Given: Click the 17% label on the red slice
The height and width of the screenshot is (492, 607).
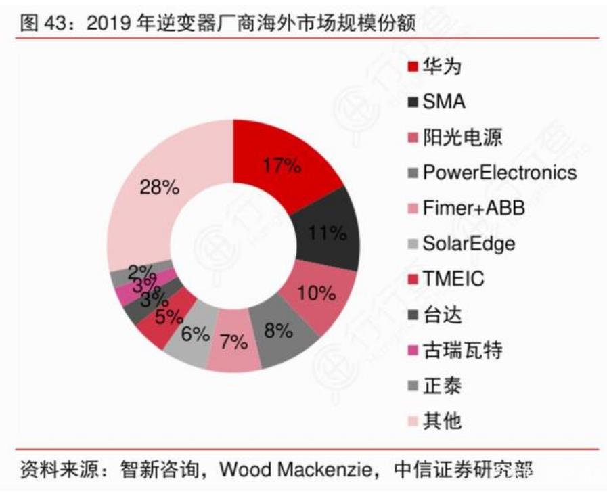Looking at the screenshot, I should pos(282,166).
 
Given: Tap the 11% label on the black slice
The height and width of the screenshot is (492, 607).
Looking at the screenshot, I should pos(327,234).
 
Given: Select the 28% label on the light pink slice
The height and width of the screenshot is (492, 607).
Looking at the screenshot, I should pos(159,188).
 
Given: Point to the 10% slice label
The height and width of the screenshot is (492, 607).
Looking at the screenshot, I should pos(317,294).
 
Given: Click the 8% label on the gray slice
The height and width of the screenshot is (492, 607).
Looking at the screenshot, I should pos(277,331).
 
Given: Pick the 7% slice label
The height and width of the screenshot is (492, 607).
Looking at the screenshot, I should pos(233,342).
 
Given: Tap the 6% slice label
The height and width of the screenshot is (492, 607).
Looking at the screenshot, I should pos(195,334).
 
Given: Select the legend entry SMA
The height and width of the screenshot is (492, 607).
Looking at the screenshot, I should pos(444,102).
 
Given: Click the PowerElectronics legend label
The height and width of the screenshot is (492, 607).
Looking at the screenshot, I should pos(499,173).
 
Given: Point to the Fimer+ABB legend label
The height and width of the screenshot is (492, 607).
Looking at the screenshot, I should pos(474,208).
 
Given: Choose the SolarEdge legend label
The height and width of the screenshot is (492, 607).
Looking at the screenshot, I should pos(469,243).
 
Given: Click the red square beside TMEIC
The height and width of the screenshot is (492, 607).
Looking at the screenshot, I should pos(412,279).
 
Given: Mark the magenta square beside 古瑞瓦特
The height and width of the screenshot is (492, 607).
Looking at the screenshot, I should pos(412,350).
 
